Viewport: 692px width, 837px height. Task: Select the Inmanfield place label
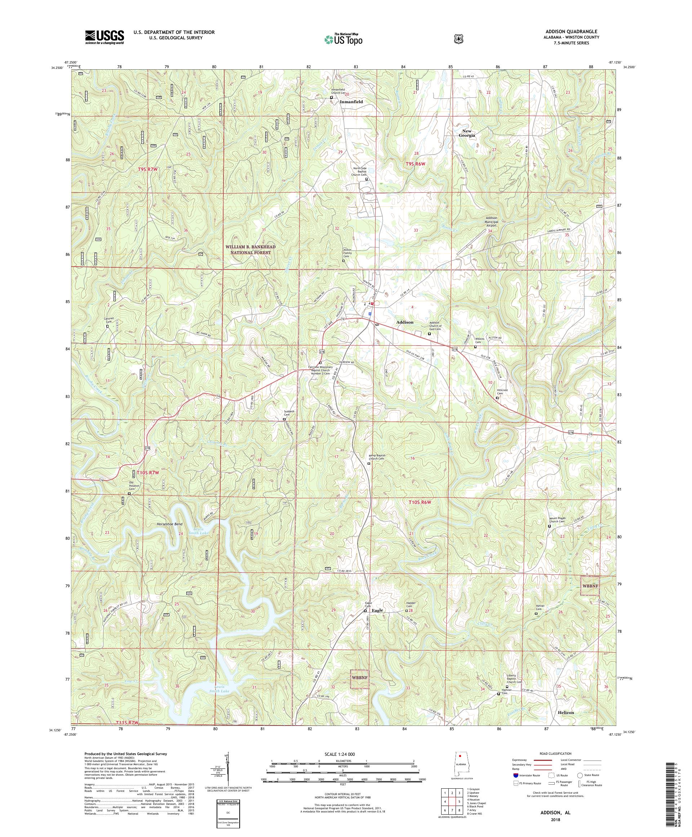point(351,102)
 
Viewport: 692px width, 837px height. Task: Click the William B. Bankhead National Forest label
point(250,250)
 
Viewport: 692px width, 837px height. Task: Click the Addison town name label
point(404,322)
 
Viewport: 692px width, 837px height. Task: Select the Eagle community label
point(377,610)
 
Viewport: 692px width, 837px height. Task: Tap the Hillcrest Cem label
point(502,392)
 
